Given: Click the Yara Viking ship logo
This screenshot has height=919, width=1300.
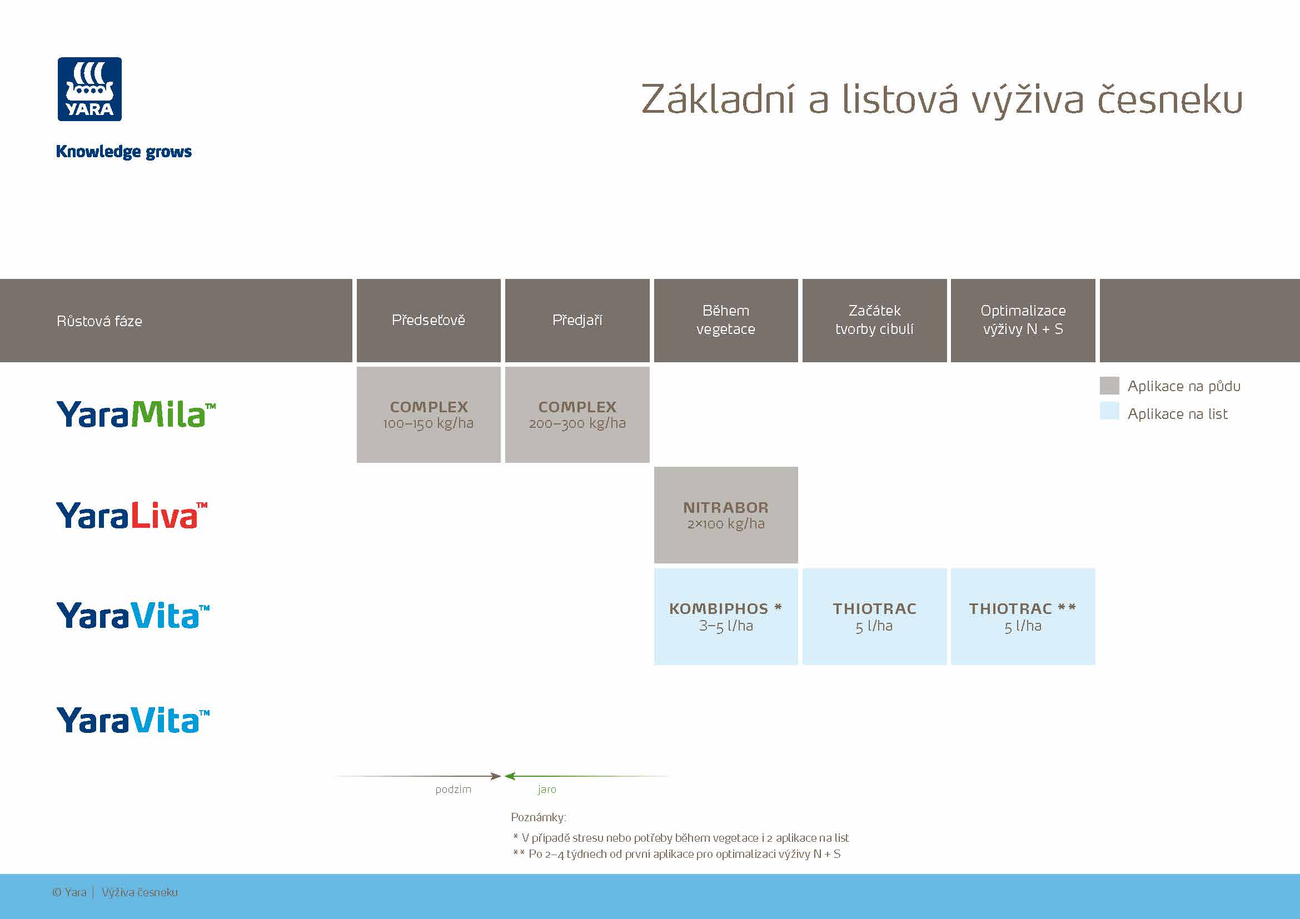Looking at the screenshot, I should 89,89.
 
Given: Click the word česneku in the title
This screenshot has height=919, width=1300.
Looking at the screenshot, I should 1170,100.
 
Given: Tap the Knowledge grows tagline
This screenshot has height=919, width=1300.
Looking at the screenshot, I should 123,152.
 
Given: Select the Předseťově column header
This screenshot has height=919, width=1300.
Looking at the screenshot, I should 428,320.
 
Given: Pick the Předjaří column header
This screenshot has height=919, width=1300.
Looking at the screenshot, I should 577,320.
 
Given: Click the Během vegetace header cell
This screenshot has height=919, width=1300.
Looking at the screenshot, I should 725,319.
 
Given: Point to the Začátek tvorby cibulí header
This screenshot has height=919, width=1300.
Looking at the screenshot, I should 874,319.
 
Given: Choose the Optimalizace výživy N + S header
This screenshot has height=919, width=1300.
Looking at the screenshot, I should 1023,319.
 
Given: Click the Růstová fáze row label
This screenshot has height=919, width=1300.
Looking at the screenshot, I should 99,321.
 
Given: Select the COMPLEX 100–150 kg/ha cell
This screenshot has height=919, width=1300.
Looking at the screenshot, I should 428,415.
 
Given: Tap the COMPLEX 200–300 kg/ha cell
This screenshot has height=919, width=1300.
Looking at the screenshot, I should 577,415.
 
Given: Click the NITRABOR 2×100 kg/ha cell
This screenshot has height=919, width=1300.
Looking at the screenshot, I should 725,515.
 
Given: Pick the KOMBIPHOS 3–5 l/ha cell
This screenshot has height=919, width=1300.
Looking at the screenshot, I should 725,616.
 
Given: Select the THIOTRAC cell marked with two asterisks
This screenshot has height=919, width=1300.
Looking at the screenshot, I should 1023,616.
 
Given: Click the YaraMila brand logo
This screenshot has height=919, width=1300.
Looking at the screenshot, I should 136,414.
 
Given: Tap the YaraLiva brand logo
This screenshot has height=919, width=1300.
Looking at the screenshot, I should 131,515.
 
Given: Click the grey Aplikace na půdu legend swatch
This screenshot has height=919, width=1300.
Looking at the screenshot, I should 1109,386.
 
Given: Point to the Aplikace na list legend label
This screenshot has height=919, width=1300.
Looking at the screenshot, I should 1177,414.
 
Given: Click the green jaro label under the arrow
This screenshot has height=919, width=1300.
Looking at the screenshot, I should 547,790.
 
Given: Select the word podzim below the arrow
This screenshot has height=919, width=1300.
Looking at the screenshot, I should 453,790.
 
